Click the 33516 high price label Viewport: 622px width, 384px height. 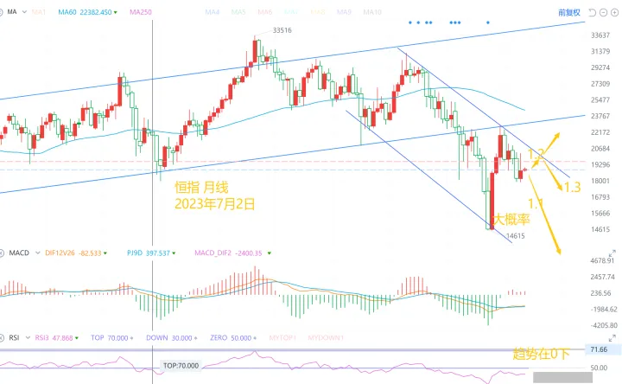pos(282,30)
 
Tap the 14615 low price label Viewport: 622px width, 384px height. pos(515,235)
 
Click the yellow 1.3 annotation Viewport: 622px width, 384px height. pos(571,187)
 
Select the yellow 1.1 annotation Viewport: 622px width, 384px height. pos(536,203)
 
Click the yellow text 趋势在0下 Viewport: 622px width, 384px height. pos(543,354)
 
